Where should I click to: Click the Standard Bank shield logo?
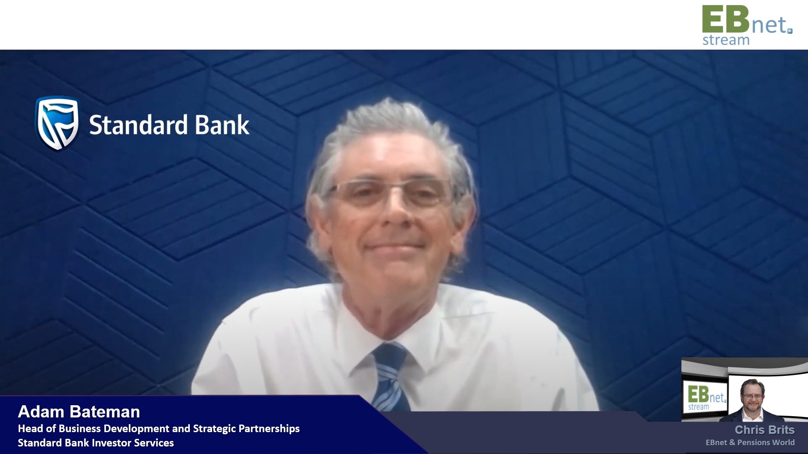57,123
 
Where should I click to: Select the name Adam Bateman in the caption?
79,412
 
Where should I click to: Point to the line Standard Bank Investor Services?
96,443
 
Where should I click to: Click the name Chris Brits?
765,430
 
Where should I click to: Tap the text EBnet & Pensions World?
750,442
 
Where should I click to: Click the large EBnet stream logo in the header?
747,25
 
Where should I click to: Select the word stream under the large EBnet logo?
726,40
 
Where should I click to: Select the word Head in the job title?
30,429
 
